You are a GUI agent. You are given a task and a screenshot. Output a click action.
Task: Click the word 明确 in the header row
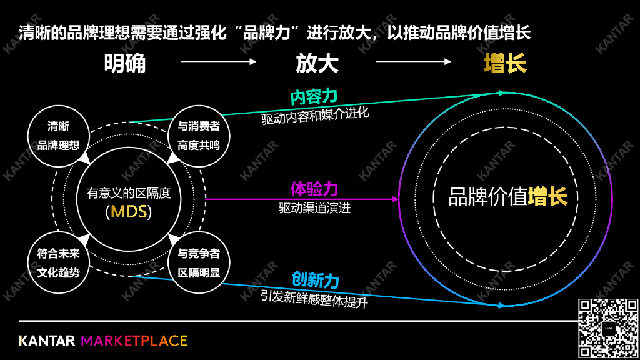[x=125, y=62]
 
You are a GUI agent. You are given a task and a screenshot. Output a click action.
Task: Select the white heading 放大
[x=317, y=62]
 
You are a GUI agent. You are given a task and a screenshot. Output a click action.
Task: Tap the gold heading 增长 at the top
[x=505, y=62]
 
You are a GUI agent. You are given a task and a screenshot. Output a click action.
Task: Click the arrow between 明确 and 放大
[x=218, y=62]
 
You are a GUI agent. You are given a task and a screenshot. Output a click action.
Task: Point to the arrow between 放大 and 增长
[x=413, y=62]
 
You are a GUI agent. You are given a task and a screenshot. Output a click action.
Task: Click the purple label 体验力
[x=314, y=189]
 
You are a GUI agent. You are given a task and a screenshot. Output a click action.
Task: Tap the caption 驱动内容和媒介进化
[x=316, y=116]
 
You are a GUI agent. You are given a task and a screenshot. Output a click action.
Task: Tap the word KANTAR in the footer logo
[x=47, y=341]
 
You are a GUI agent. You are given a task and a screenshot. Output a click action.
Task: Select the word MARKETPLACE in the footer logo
[x=134, y=341]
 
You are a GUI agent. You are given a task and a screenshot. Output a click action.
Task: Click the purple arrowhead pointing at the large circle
[x=395, y=199]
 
